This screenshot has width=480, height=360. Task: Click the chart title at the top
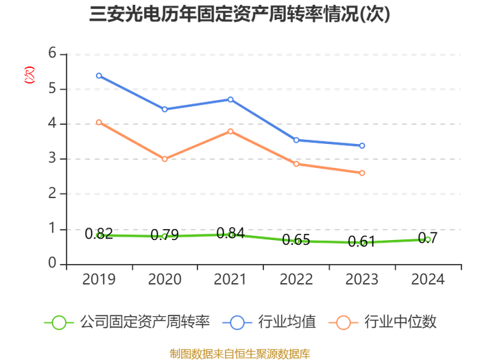240,14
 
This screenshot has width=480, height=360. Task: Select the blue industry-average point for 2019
99,75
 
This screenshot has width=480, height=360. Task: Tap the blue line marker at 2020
165,109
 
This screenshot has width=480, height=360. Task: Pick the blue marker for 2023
362,145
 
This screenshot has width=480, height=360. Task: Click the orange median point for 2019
99,123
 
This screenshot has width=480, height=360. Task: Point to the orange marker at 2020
165,159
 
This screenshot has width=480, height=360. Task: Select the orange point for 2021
230,132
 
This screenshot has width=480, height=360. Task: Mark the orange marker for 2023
362,173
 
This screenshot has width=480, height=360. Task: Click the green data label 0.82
99,234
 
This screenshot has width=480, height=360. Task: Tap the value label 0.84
230,233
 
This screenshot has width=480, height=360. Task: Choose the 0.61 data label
361,241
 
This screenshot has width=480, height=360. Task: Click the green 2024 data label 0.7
428,238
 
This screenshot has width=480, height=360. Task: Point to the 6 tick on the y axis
52,53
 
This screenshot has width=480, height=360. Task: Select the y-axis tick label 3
52,158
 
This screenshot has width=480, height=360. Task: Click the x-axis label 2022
296,280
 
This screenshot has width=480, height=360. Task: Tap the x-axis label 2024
428,280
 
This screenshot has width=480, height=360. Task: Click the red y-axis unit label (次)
29,75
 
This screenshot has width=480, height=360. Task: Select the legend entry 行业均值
269,322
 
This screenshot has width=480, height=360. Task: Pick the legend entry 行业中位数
383,322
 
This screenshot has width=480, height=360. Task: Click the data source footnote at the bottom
240,354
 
